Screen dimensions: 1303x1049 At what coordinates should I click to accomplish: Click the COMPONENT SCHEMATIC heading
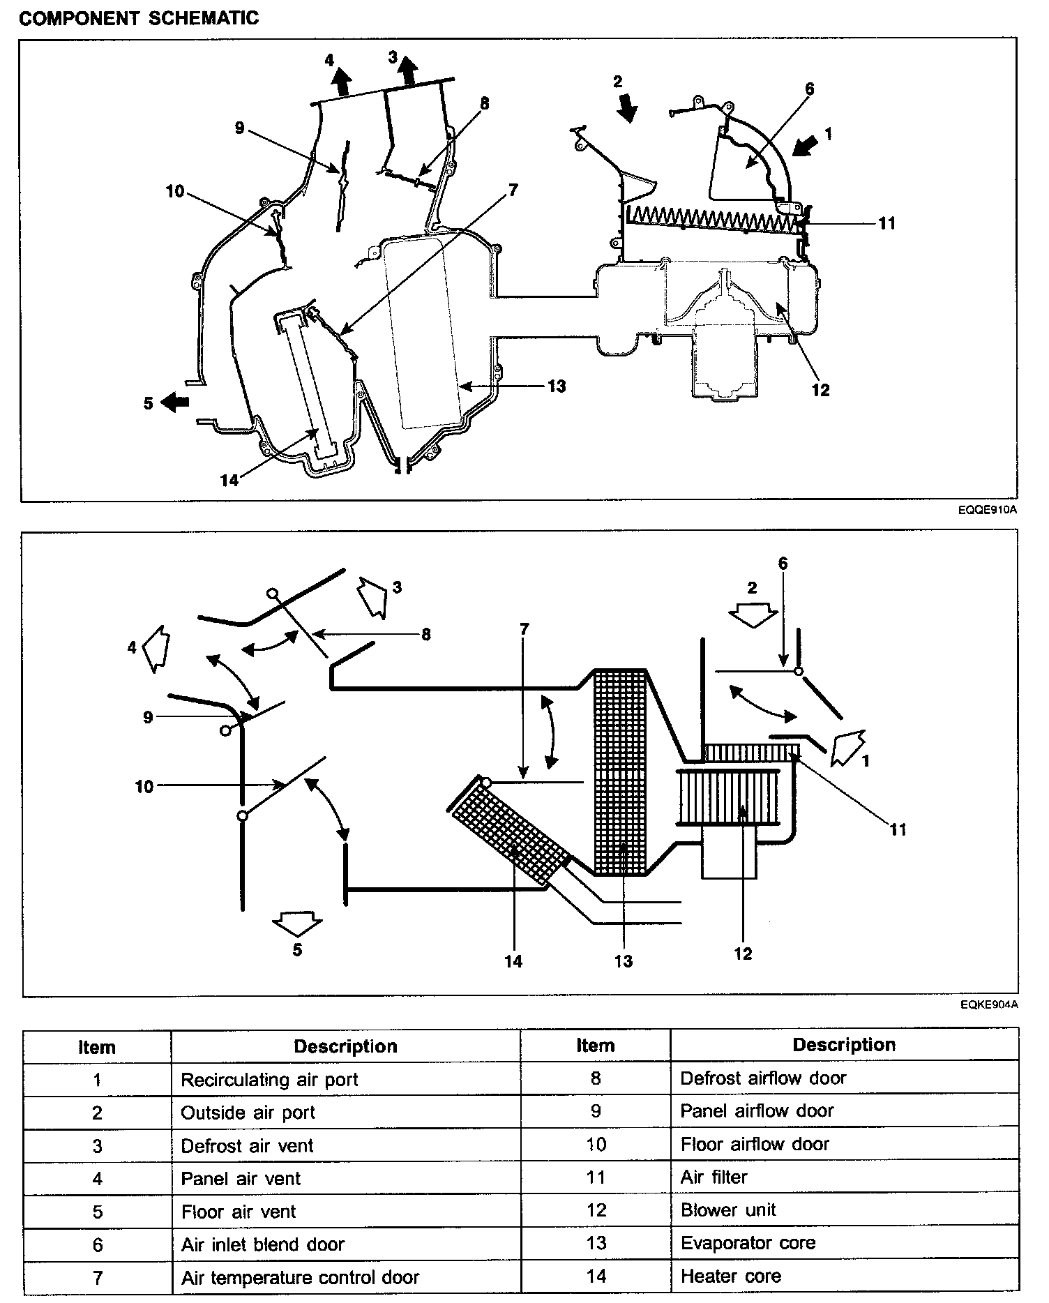[x=139, y=18]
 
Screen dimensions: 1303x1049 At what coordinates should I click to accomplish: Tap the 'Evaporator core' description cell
[x=748, y=1243]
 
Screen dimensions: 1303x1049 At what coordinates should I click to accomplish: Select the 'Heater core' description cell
[x=730, y=1276]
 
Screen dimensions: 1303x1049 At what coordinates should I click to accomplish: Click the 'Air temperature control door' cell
[x=300, y=1278]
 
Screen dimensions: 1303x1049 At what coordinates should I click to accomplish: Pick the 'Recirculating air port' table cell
[x=269, y=1080]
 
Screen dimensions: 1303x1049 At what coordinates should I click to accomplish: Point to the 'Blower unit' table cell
[x=728, y=1210]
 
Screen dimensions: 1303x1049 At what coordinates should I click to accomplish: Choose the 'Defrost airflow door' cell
[x=763, y=1078]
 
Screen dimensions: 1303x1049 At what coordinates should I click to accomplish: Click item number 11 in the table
[x=595, y=1177]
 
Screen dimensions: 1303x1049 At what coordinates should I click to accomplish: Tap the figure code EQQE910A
[x=988, y=510]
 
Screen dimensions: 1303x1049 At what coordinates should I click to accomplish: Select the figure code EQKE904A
[x=988, y=1005]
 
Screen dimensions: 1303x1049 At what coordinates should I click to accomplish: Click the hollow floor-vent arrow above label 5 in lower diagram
[x=297, y=924]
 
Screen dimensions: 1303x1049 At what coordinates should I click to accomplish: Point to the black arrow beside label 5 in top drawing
[x=175, y=402]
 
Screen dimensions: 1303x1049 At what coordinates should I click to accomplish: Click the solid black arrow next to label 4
[x=341, y=82]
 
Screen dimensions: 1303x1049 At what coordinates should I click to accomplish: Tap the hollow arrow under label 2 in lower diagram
[x=753, y=615]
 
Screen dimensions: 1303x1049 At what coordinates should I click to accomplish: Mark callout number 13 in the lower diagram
[x=623, y=961]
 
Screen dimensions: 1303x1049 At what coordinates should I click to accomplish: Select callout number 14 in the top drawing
[x=229, y=480]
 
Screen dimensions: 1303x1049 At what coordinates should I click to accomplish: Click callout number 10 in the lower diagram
[x=144, y=787]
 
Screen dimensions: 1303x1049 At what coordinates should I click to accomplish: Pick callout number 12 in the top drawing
[x=821, y=390]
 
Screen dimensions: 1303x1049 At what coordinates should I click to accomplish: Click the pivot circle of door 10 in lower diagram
[x=242, y=815]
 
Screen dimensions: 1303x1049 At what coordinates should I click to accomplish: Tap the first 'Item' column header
[x=97, y=1047]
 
